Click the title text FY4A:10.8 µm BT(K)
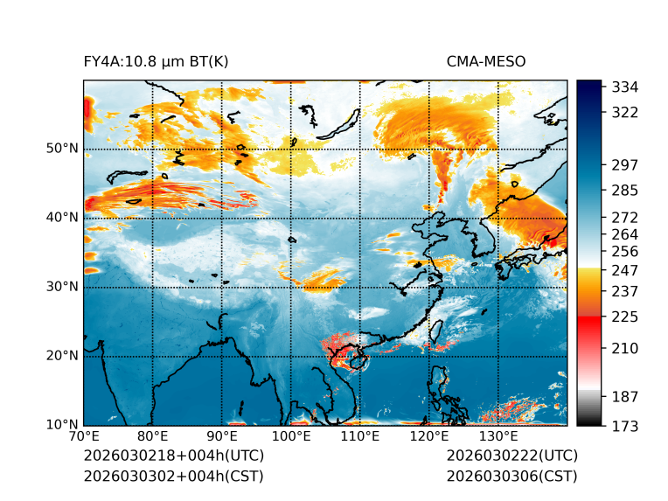point(156,61)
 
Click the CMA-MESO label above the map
point(486,61)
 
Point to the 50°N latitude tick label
point(62,149)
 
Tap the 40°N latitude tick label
point(62,218)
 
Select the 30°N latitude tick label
point(62,287)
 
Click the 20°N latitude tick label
point(62,356)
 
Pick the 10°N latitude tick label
point(62,426)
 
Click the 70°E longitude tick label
point(84,437)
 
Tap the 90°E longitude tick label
point(222,437)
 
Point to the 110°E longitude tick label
point(359,437)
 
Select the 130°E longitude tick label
point(498,437)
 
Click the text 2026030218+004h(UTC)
point(173,456)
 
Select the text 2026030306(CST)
point(511,476)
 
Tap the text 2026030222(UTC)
point(511,456)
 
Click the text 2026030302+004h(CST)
point(173,476)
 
